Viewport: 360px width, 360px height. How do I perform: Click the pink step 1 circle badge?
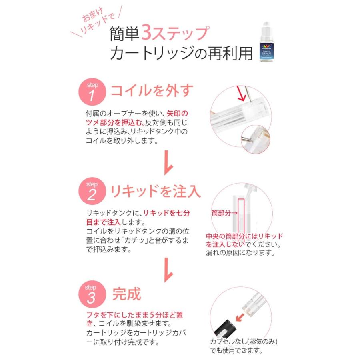click(x=92, y=91)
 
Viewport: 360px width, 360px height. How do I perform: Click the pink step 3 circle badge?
click(x=92, y=294)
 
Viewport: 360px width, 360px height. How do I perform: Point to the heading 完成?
click(x=127, y=294)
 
